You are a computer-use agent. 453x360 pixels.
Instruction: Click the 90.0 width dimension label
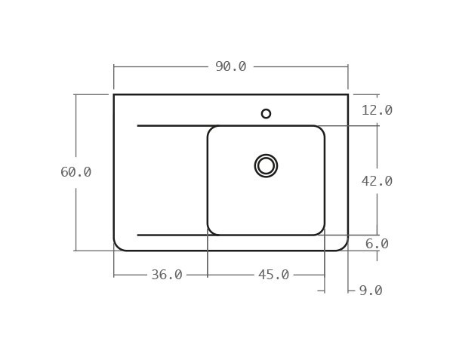coord(230,66)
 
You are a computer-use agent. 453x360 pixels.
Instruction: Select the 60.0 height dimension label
coord(75,172)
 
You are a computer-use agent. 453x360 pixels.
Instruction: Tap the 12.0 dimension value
coord(377,110)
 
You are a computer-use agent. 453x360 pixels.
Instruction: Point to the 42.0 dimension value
coord(377,181)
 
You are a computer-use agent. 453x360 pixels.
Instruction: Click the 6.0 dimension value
coord(377,244)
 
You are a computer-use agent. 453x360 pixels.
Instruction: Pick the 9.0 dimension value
coord(370,291)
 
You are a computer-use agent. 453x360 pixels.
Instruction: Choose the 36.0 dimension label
coord(166,275)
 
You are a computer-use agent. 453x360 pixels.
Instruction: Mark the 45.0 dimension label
coord(273,275)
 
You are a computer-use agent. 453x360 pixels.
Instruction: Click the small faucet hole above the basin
coord(266,114)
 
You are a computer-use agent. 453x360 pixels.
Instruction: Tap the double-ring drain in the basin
coord(266,165)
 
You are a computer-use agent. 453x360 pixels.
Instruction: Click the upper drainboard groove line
coord(172,125)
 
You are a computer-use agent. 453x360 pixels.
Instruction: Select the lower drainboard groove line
coord(172,235)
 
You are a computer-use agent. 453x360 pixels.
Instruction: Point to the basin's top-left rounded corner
coord(211,130)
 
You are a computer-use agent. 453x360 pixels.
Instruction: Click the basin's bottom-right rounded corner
coord(321,231)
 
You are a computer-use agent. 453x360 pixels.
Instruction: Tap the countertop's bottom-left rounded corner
coord(118,246)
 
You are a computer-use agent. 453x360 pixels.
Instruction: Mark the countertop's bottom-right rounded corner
coord(344,246)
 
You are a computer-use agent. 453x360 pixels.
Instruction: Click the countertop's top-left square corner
coord(114,94)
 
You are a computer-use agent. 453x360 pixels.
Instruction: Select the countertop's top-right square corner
coord(348,94)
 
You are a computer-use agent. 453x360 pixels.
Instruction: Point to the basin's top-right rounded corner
coord(321,130)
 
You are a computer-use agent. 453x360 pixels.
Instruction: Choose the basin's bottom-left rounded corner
coord(211,231)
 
